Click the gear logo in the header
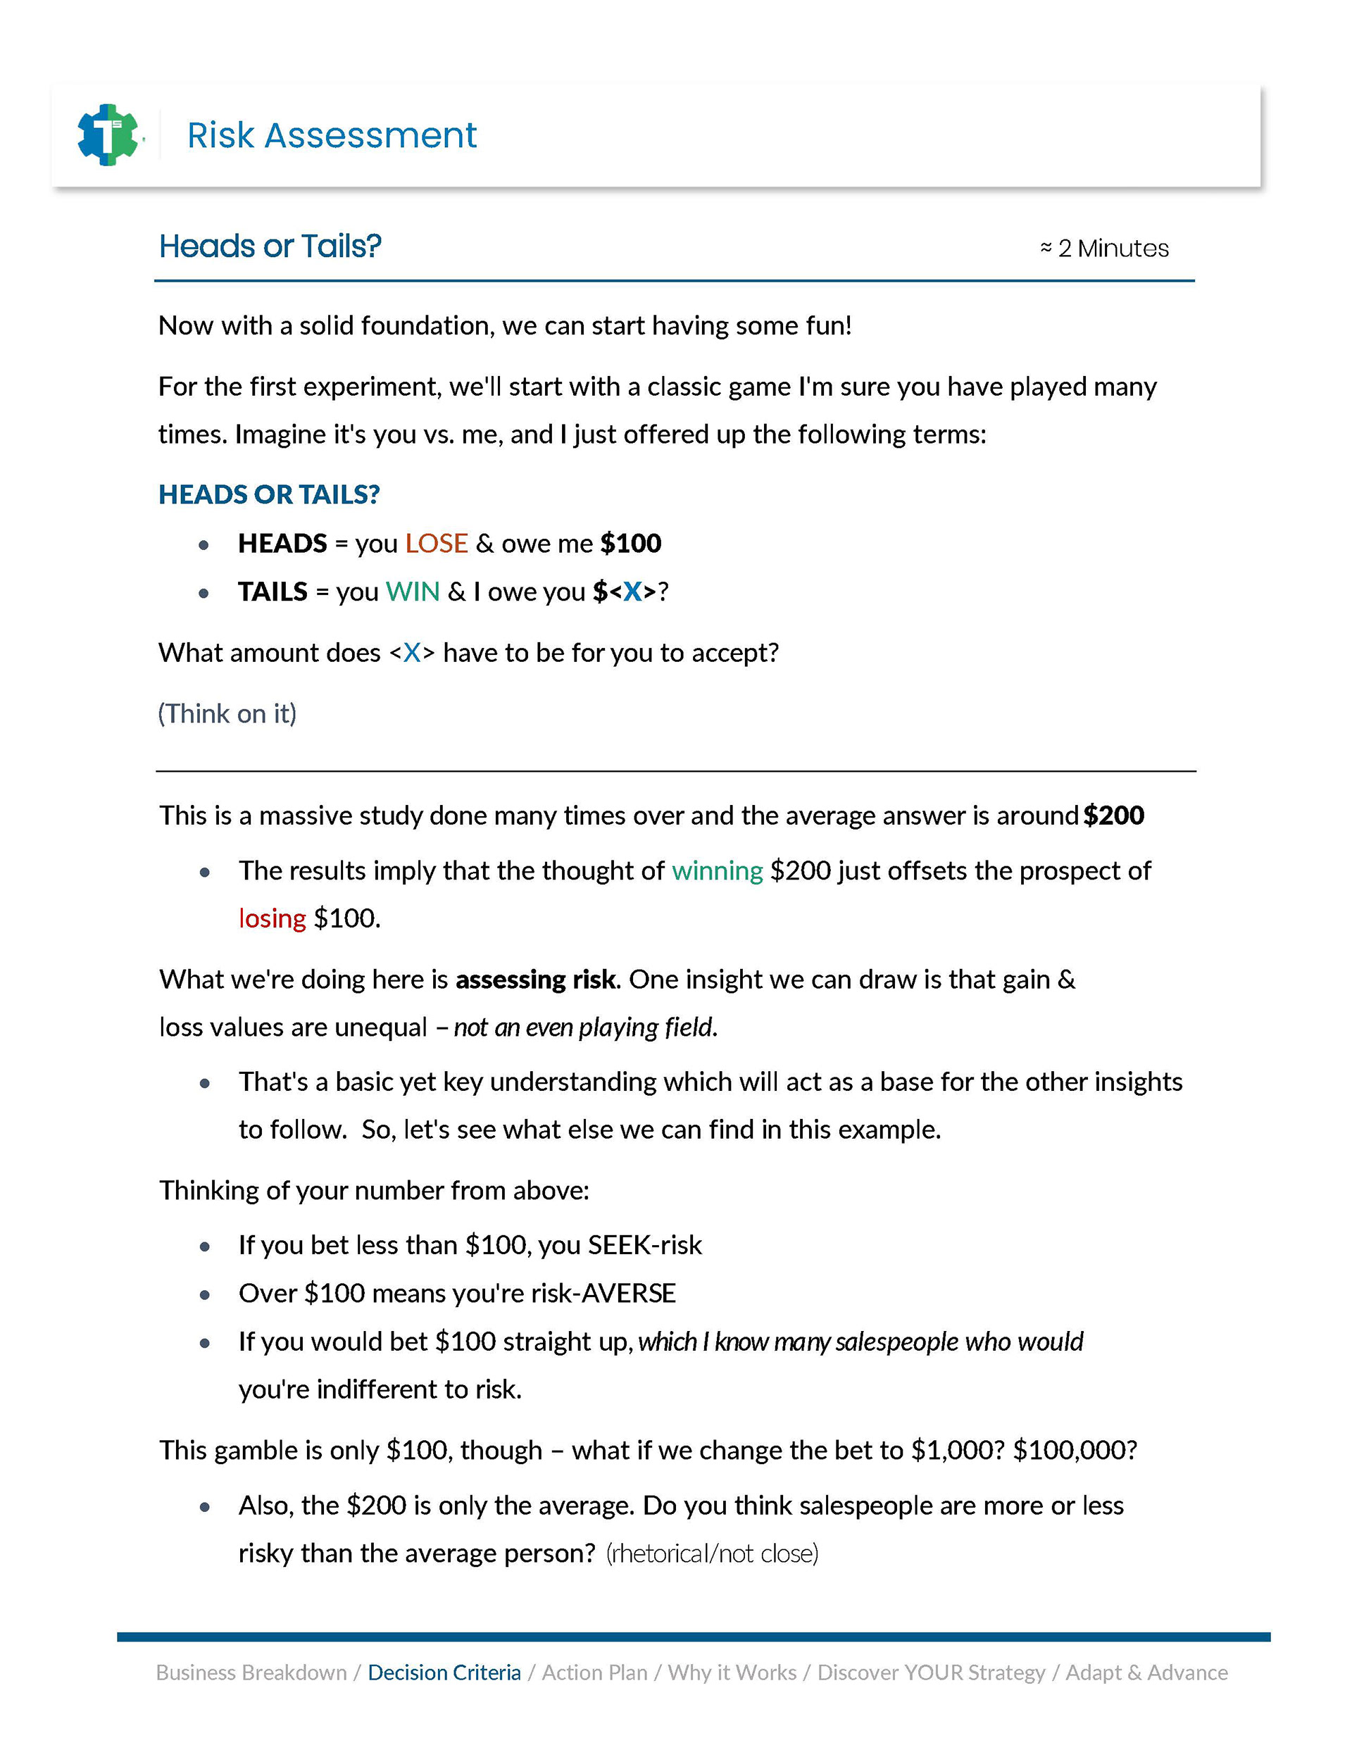[x=108, y=135]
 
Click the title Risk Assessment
[x=332, y=135]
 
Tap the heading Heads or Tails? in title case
[x=270, y=246]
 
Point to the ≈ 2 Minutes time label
[x=1104, y=249]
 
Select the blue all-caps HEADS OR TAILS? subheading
[x=268, y=494]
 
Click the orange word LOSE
[x=436, y=543]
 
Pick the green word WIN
[x=413, y=592]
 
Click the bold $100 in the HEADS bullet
[x=631, y=543]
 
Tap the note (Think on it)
[x=227, y=713]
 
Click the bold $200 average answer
[x=1114, y=815]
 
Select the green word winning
[x=718, y=870]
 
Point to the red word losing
[x=273, y=918]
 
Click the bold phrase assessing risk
[x=535, y=979]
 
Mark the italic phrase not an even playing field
[x=585, y=1027]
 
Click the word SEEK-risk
[x=644, y=1244]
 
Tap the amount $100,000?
[x=1075, y=1449]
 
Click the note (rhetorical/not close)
[x=713, y=1553]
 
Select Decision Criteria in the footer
[x=444, y=1673]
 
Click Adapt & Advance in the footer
[x=1146, y=1673]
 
